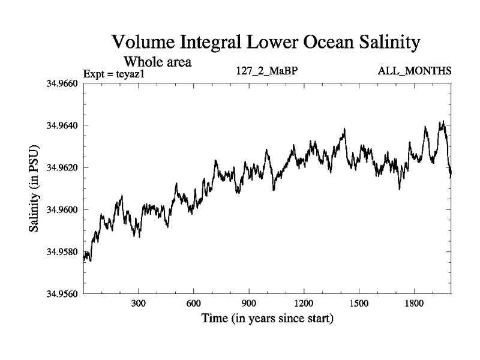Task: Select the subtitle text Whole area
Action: click(157, 61)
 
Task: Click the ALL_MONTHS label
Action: click(415, 71)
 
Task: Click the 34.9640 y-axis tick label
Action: click(62, 125)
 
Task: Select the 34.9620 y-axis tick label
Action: click(62, 167)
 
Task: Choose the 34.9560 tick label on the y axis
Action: click(62, 294)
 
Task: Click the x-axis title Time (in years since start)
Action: click(268, 319)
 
